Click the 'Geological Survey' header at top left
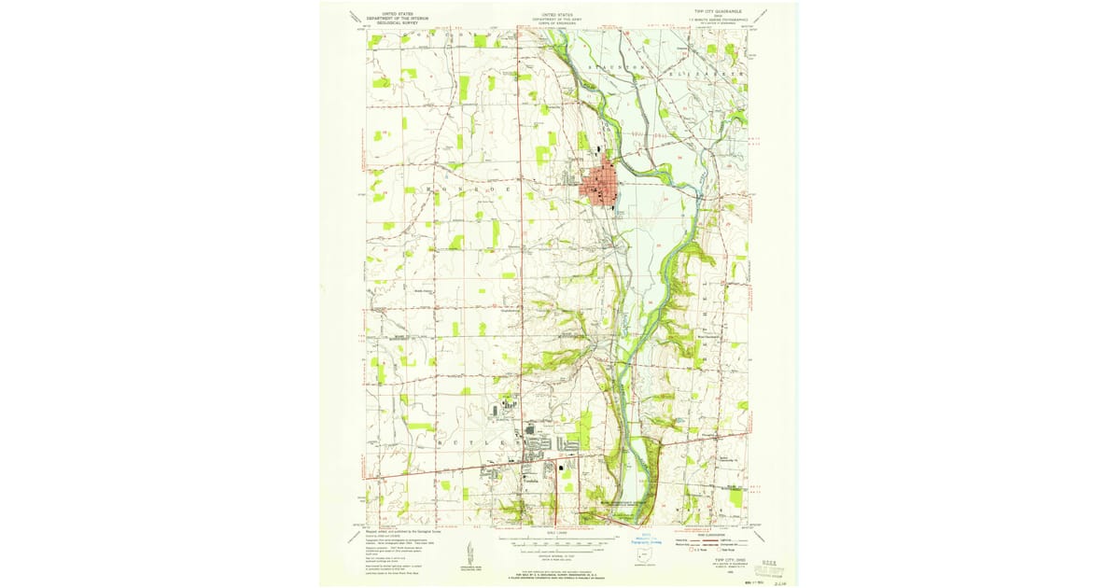tap(393, 20)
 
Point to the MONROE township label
tap(467, 189)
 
